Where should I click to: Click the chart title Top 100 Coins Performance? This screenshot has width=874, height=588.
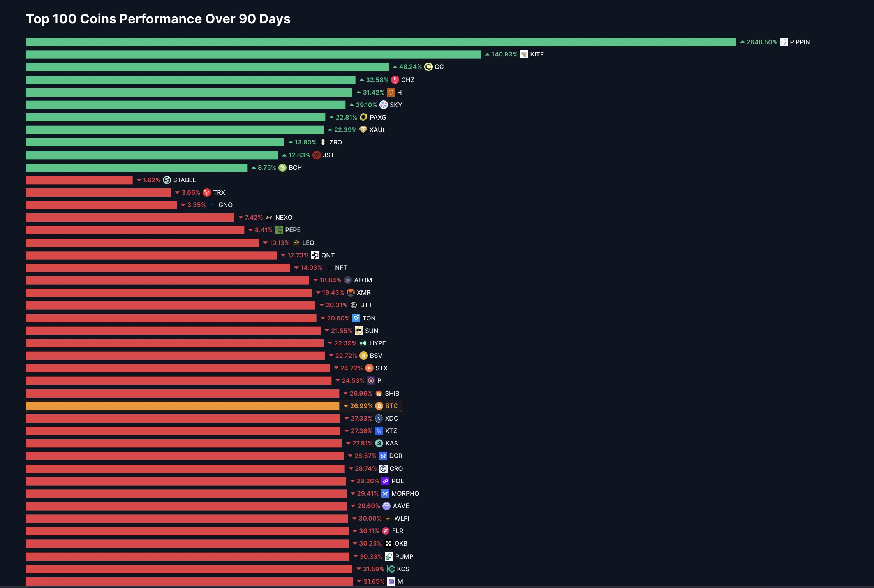point(158,19)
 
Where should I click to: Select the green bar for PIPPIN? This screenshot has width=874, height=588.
point(381,42)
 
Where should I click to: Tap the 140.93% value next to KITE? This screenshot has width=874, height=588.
point(504,55)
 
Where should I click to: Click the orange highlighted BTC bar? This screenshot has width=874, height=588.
point(182,406)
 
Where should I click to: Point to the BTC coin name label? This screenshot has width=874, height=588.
point(391,406)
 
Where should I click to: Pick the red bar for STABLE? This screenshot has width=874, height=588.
point(79,180)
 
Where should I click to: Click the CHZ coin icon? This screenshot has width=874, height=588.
point(395,80)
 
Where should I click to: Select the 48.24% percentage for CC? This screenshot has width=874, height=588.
point(410,67)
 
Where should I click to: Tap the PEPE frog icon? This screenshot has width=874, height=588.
point(279,230)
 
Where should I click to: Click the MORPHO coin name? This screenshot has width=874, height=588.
point(405,494)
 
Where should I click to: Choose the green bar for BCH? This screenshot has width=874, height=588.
point(136,168)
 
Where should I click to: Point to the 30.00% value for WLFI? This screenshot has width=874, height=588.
point(370,519)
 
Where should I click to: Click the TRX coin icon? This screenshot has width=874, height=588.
point(207,193)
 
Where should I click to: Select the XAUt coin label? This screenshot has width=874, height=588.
point(377,130)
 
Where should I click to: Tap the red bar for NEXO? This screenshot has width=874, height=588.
point(130,218)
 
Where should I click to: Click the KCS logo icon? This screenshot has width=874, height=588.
point(391,569)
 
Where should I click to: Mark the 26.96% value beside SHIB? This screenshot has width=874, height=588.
point(361,394)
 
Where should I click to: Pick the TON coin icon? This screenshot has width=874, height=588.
point(356,319)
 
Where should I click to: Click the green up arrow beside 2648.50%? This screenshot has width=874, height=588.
point(742,42)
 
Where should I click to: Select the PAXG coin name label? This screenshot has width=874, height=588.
point(378,118)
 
